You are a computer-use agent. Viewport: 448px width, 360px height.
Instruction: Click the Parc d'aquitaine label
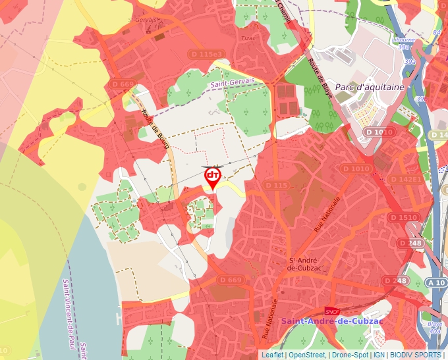click(364, 87)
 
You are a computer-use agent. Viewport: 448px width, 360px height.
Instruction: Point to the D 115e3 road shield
click(206, 53)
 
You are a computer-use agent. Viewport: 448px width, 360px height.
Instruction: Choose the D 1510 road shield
click(403, 217)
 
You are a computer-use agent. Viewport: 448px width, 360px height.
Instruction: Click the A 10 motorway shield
click(436, 282)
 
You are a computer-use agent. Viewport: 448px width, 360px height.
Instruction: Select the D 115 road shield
click(277, 186)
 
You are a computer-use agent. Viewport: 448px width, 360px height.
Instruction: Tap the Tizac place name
click(248, 38)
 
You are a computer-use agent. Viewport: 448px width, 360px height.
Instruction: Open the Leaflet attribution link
click(272, 355)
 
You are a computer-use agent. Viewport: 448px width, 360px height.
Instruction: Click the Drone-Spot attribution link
click(350, 355)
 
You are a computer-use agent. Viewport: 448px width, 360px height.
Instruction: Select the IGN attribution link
click(379, 355)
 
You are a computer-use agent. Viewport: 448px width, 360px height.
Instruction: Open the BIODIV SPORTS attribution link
click(415, 355)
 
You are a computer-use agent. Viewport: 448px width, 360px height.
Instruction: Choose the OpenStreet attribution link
click(307, 355)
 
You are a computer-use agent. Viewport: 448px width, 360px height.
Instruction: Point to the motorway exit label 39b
click(410, 62)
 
